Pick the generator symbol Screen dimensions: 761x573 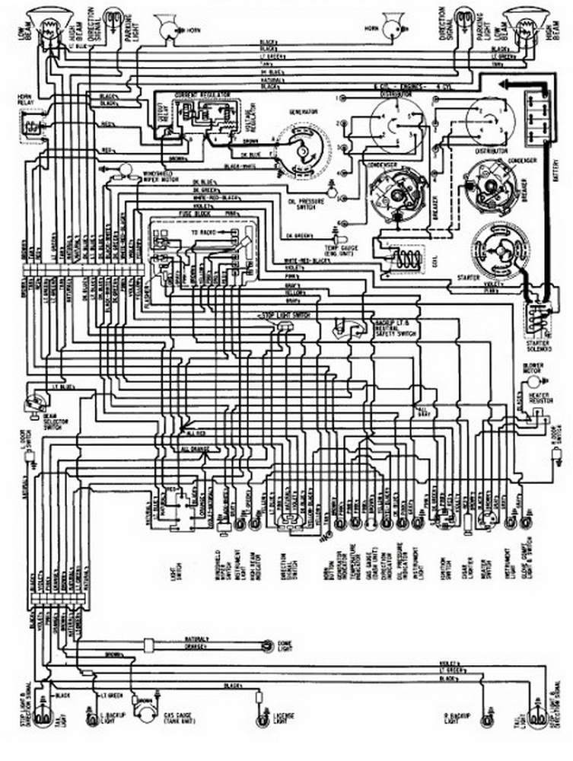302,149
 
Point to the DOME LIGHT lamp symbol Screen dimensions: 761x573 267,645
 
